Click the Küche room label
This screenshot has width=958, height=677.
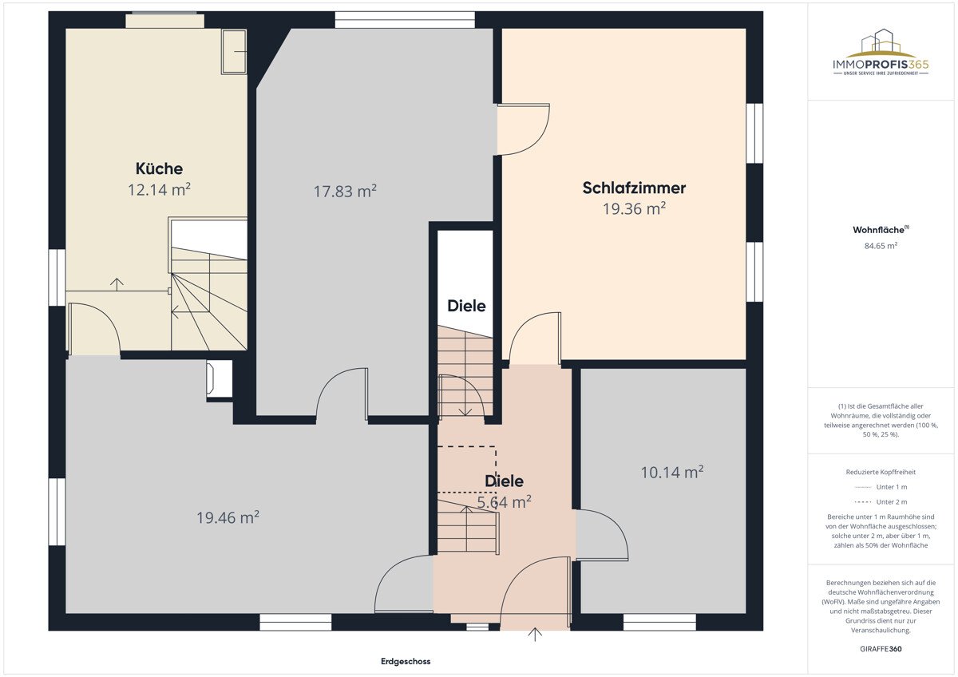click(159, 168)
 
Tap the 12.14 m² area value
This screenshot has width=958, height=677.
click(159, 189)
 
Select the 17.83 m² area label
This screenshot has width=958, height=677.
click(345, 191)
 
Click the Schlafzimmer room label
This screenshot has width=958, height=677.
click(634, 188)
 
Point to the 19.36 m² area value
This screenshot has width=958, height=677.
click(634, 208)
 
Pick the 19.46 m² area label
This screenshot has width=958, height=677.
click(228, 517)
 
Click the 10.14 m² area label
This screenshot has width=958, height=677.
click(672, 472)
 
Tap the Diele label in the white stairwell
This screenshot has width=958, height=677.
click(466, 306)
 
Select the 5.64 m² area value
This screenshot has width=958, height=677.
click(505, 501)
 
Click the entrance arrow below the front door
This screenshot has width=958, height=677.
click(535, 635)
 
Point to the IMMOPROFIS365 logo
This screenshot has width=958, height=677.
click(881, 52)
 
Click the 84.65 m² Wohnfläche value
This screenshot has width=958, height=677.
click(881, 245)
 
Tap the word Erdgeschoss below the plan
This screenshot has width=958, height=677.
click(406, 661)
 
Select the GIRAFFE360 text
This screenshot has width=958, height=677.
click(881, 649)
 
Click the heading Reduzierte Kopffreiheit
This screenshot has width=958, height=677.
click(881, 472)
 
